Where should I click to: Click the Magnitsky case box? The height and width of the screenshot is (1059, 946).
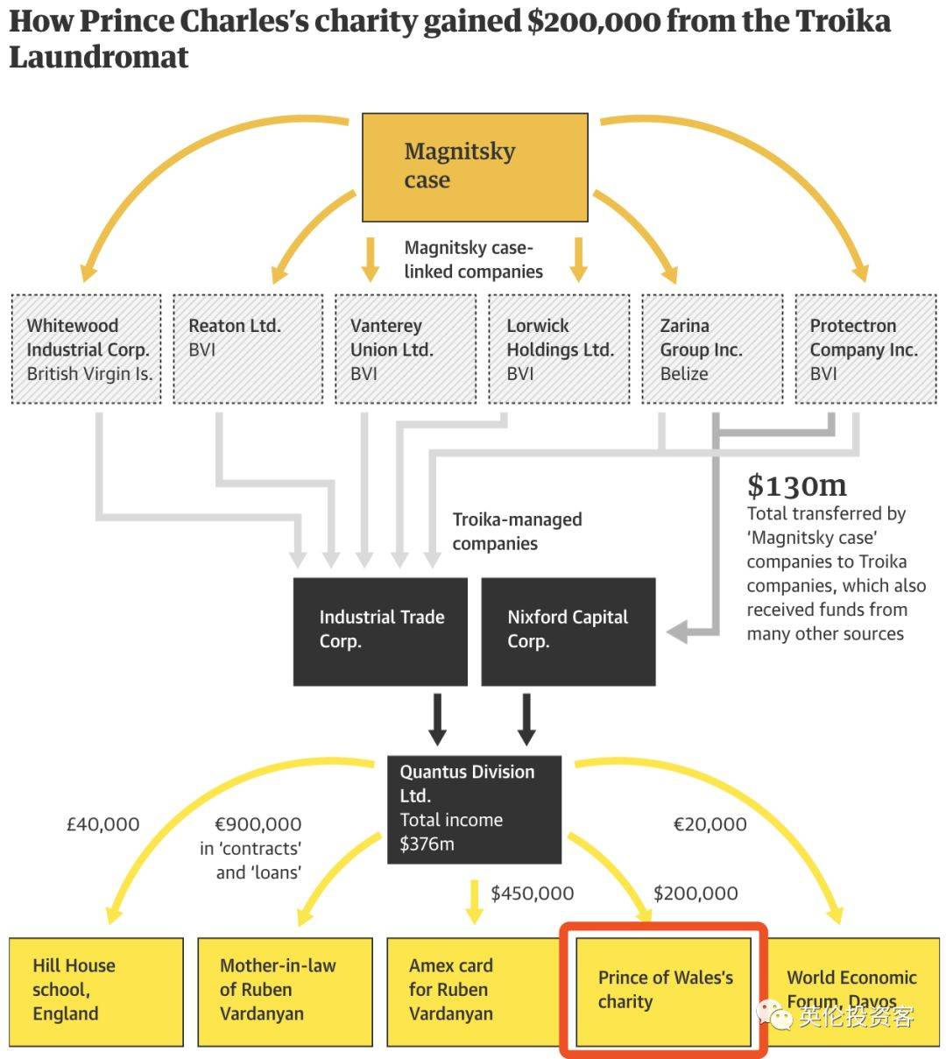pos(475,167)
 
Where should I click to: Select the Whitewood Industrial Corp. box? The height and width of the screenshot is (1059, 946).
pos(86,349)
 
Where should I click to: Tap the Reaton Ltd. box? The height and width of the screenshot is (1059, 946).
pos(248,349)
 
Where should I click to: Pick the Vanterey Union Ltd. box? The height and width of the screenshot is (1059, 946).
pos(406,349)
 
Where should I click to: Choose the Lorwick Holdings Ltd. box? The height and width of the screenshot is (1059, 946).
pos(559,349)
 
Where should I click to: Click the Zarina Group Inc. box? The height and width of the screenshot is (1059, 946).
pos(712,349)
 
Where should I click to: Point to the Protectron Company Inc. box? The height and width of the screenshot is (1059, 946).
pos(865,349)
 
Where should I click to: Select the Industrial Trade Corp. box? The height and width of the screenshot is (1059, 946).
pos(380,632)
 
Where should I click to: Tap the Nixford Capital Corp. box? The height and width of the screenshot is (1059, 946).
pos(568,632)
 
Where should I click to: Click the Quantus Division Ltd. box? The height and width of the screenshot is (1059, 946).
pos(474,809)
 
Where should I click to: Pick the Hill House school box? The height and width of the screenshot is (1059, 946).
pos(96,992)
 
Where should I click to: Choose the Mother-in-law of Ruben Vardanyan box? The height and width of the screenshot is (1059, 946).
pos(285,992)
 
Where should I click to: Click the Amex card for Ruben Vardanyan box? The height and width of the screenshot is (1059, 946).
pos(474,992)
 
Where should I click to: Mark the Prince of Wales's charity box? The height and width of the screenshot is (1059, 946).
pos(663,992)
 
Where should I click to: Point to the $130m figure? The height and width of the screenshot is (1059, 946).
pos(796,485)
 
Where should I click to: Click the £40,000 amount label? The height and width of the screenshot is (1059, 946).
pos(103,824)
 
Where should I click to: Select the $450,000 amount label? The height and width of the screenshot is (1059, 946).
pos(532,893)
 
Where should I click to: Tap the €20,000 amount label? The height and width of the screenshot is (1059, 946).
pos(709,824)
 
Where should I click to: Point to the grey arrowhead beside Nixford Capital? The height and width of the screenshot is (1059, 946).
pos(677,632)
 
